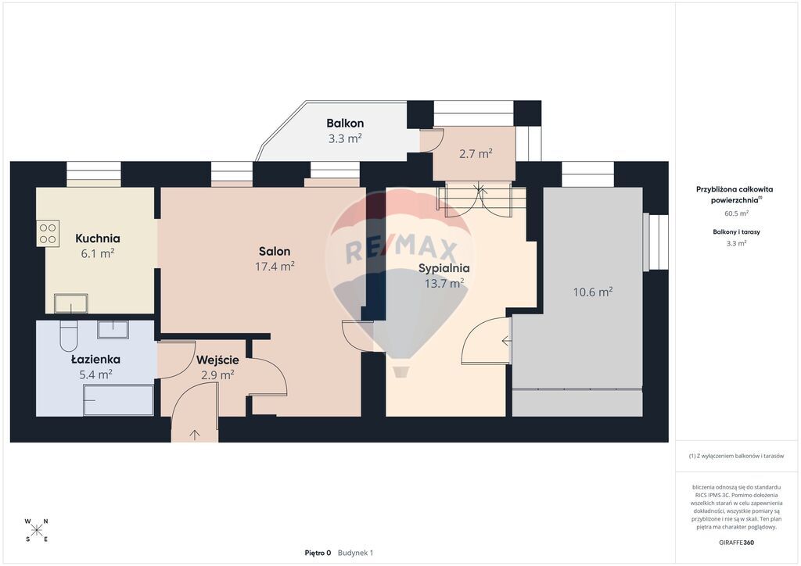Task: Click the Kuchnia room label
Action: click(x=98, y=238)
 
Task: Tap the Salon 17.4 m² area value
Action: click(x=275, y=266)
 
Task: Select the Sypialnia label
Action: click(x=444, y=268)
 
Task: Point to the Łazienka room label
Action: click(x=96, y=360)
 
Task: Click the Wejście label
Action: click(x=217, y=360)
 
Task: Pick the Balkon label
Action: click(x=345, y=123)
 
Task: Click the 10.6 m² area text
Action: click(x=593, y=292)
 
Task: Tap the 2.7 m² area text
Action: click(x=476, y=153)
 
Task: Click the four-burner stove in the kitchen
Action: click(x=48, y=233)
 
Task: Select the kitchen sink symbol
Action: click(x=70, y=303)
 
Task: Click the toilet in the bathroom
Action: click(x=69, y=336)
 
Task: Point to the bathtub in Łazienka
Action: click(x=119, y=400)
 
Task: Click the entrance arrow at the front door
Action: click(x=195, y=435)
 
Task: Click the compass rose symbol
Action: click(x=36, y=530)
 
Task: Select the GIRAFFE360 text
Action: click(x=736, y=543)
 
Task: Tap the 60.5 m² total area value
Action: click(x=737, y=214)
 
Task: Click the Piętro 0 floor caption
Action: click(x=318, y=553)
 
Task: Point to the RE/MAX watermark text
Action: click(x=401, y=250)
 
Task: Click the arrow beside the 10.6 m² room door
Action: click(x=506, y=340)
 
